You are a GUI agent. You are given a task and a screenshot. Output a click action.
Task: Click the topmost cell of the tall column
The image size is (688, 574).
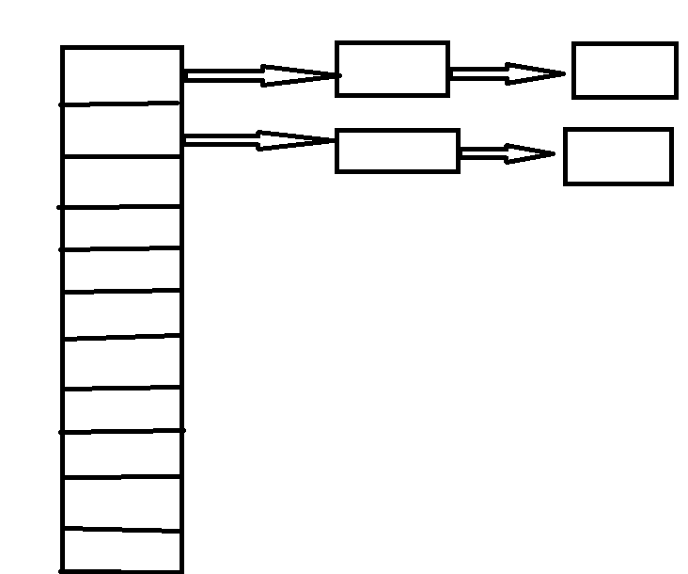tap(121, 75)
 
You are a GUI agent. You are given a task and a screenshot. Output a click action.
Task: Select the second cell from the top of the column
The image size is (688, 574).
tap(121, 130)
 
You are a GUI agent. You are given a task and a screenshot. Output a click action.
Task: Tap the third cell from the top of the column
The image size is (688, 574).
tap(121, 182)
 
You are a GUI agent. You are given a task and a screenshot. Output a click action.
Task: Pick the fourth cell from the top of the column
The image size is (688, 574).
tap(121, 228)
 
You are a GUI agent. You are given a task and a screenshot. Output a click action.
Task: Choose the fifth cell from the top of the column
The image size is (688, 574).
tap(121, 271)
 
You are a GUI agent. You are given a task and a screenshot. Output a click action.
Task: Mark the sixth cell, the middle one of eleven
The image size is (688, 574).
tap(121, 314)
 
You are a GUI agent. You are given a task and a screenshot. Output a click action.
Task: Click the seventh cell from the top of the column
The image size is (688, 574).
tap(121, 361)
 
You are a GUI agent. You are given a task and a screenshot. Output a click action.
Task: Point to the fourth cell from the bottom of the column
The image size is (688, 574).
tap(121, 409)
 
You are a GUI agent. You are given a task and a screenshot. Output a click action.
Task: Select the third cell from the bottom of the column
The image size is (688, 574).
tap(121, 454)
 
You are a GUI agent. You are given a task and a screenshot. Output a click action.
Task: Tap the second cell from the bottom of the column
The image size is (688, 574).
tap(121, 503)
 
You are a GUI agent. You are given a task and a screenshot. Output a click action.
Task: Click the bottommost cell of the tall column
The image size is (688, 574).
tap(121, 550)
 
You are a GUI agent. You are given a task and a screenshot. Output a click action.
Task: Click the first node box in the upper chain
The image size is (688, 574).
tap(392, 69)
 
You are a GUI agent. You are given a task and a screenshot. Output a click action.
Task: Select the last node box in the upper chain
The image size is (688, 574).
tap(625, 71)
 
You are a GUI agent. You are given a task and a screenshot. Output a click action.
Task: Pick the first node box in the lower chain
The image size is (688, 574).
tap(398, 151)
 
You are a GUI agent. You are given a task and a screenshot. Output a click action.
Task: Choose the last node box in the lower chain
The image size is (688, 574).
tap(618, 156)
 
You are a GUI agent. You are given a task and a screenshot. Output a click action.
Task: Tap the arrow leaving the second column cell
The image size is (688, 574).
tap(258, 140)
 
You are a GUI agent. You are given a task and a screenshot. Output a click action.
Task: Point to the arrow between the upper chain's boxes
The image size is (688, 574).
tap(508, 73)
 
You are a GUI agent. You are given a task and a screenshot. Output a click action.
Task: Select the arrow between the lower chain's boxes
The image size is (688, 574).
tap(507, 153)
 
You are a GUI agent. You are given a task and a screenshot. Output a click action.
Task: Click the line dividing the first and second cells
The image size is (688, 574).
tap(121, 104)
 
